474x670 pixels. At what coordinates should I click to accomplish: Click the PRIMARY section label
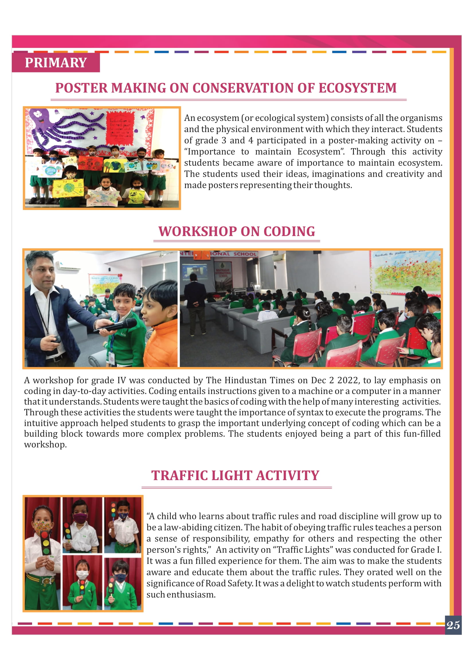point(56,63)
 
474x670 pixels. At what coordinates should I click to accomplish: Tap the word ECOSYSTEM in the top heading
point(357,88)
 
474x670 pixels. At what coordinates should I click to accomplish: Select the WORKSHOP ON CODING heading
point(237,231)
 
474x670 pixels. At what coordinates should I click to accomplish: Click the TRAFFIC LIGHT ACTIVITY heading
point(235,476)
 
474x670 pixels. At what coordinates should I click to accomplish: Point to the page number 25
point(453,625)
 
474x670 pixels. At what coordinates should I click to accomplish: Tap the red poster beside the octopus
point(121,128)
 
